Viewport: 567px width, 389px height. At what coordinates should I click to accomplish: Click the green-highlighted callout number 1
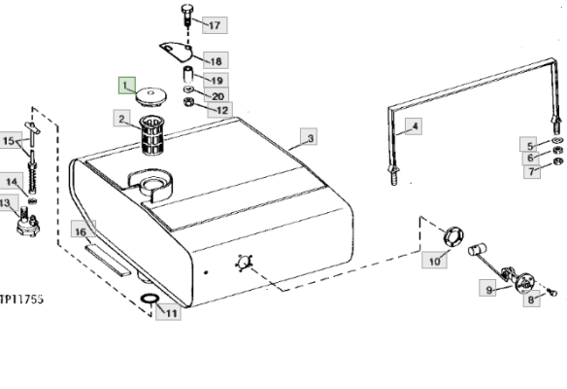127,86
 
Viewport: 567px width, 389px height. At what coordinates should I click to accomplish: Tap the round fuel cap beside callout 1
150,96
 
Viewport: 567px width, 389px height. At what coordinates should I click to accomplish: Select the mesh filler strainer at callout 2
151,135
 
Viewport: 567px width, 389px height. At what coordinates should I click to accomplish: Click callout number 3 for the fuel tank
309,136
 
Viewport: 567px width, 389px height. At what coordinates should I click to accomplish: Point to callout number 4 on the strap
414,126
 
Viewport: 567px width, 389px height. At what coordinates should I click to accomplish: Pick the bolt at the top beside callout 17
187,15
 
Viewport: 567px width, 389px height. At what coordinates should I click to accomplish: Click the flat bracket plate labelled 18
176,52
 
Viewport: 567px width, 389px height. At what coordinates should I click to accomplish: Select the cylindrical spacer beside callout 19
187,75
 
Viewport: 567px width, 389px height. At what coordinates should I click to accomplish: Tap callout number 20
217,95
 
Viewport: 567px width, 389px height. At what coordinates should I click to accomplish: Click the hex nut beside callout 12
188,102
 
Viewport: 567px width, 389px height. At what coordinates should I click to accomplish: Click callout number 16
83,229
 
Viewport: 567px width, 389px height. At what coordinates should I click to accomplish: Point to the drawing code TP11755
21,300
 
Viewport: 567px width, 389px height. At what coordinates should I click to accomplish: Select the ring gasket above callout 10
453,237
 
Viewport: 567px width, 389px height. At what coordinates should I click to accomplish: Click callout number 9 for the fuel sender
487,288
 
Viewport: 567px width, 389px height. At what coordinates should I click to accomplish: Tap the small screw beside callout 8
551,292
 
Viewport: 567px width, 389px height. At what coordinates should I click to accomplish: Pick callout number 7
532,170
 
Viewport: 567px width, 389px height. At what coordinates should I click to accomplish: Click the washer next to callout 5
557,141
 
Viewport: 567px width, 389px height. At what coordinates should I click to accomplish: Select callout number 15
11,141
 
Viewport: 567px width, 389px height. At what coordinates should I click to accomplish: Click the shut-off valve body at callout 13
28,223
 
